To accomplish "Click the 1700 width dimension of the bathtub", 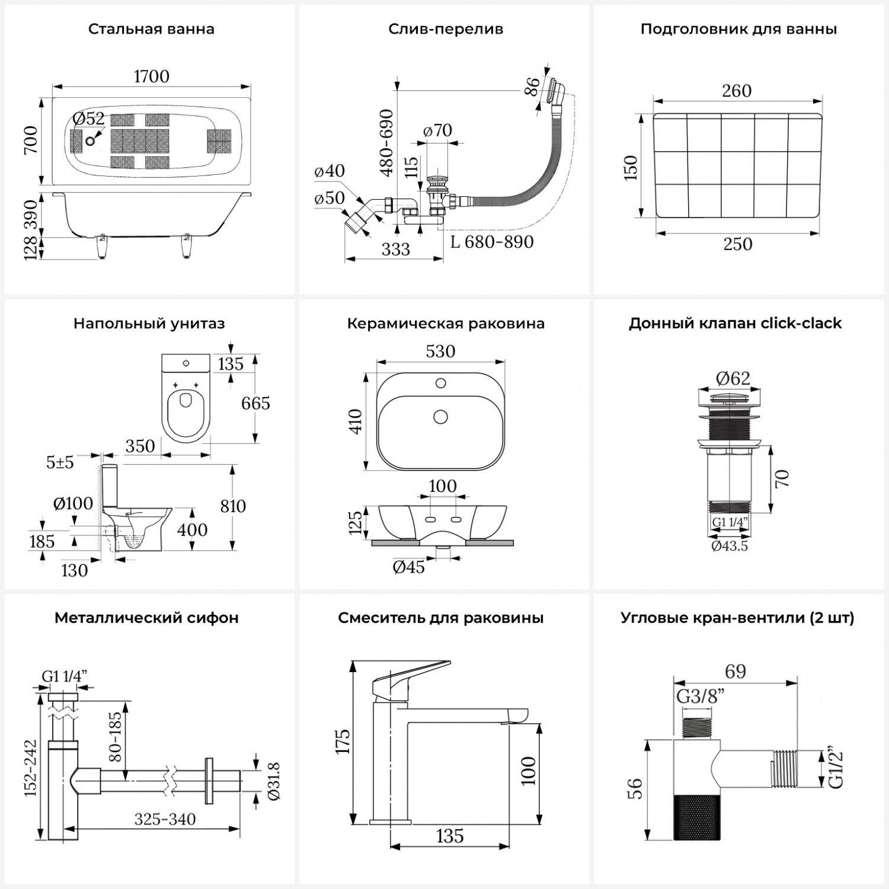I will point(152,76).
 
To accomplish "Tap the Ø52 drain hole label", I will point(89,119).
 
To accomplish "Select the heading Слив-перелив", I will point(446,29).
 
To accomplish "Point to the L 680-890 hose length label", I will point(492,242).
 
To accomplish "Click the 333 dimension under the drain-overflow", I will point(395,250).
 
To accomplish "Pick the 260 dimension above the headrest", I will point(737,91).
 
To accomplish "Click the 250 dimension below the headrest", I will point(737,244).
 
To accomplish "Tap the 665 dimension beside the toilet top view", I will point(255,403).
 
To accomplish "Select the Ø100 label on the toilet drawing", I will point(73,504).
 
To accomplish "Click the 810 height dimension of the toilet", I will point(233,506).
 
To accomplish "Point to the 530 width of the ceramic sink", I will point(440,351).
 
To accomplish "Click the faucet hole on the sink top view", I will point(440,383).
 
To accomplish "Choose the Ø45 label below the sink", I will point(409,567).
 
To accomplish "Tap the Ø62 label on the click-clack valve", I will point(733,378).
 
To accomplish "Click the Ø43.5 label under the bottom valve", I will point(730,546).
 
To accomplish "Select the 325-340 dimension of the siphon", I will point(165,820).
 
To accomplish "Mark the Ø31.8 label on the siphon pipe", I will point(274,781).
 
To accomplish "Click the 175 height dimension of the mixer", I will point(343,741).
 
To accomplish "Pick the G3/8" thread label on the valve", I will point(701,697).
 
